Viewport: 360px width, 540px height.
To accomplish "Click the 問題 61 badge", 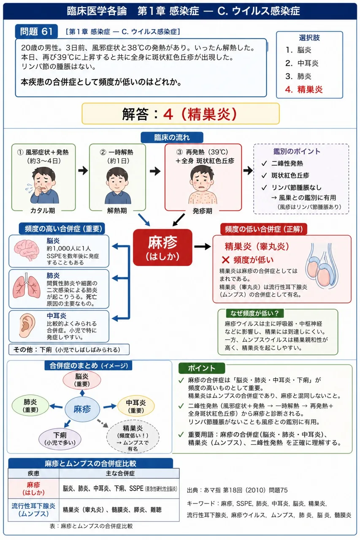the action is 36,31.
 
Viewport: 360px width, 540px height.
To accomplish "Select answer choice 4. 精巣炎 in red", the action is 304,90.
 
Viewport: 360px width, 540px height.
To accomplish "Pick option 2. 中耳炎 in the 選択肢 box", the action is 302,63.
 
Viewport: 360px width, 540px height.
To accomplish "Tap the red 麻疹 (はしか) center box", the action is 163,247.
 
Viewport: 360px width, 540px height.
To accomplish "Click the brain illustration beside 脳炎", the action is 27,250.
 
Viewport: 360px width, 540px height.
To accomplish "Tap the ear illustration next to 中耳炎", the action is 27,325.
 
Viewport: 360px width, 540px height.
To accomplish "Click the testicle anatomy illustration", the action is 322,266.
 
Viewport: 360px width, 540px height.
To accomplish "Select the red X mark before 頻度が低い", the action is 226,260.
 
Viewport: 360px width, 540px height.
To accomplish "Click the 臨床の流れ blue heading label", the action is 172,138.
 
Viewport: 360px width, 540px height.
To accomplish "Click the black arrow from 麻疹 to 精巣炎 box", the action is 202,246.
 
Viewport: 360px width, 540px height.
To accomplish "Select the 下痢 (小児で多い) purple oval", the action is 60,438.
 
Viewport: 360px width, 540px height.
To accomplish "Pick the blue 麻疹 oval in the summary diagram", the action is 82,409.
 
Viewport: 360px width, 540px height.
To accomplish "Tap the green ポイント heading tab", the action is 202,368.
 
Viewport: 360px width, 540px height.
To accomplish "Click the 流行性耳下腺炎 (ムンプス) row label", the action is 33,510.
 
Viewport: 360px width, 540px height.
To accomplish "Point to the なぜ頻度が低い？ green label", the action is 254,313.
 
